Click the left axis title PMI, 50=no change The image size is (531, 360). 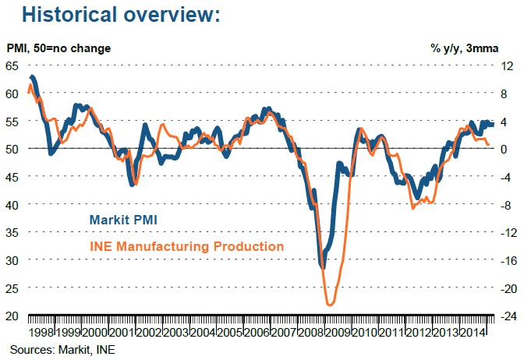coord(59,48)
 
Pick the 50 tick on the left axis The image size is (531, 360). coord(13,149)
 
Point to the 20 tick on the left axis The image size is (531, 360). coord(13,316)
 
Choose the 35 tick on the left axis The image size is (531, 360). coord(13,232)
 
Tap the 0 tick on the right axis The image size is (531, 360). coord(506,149)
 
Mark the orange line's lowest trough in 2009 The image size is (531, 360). coord(330,305)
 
